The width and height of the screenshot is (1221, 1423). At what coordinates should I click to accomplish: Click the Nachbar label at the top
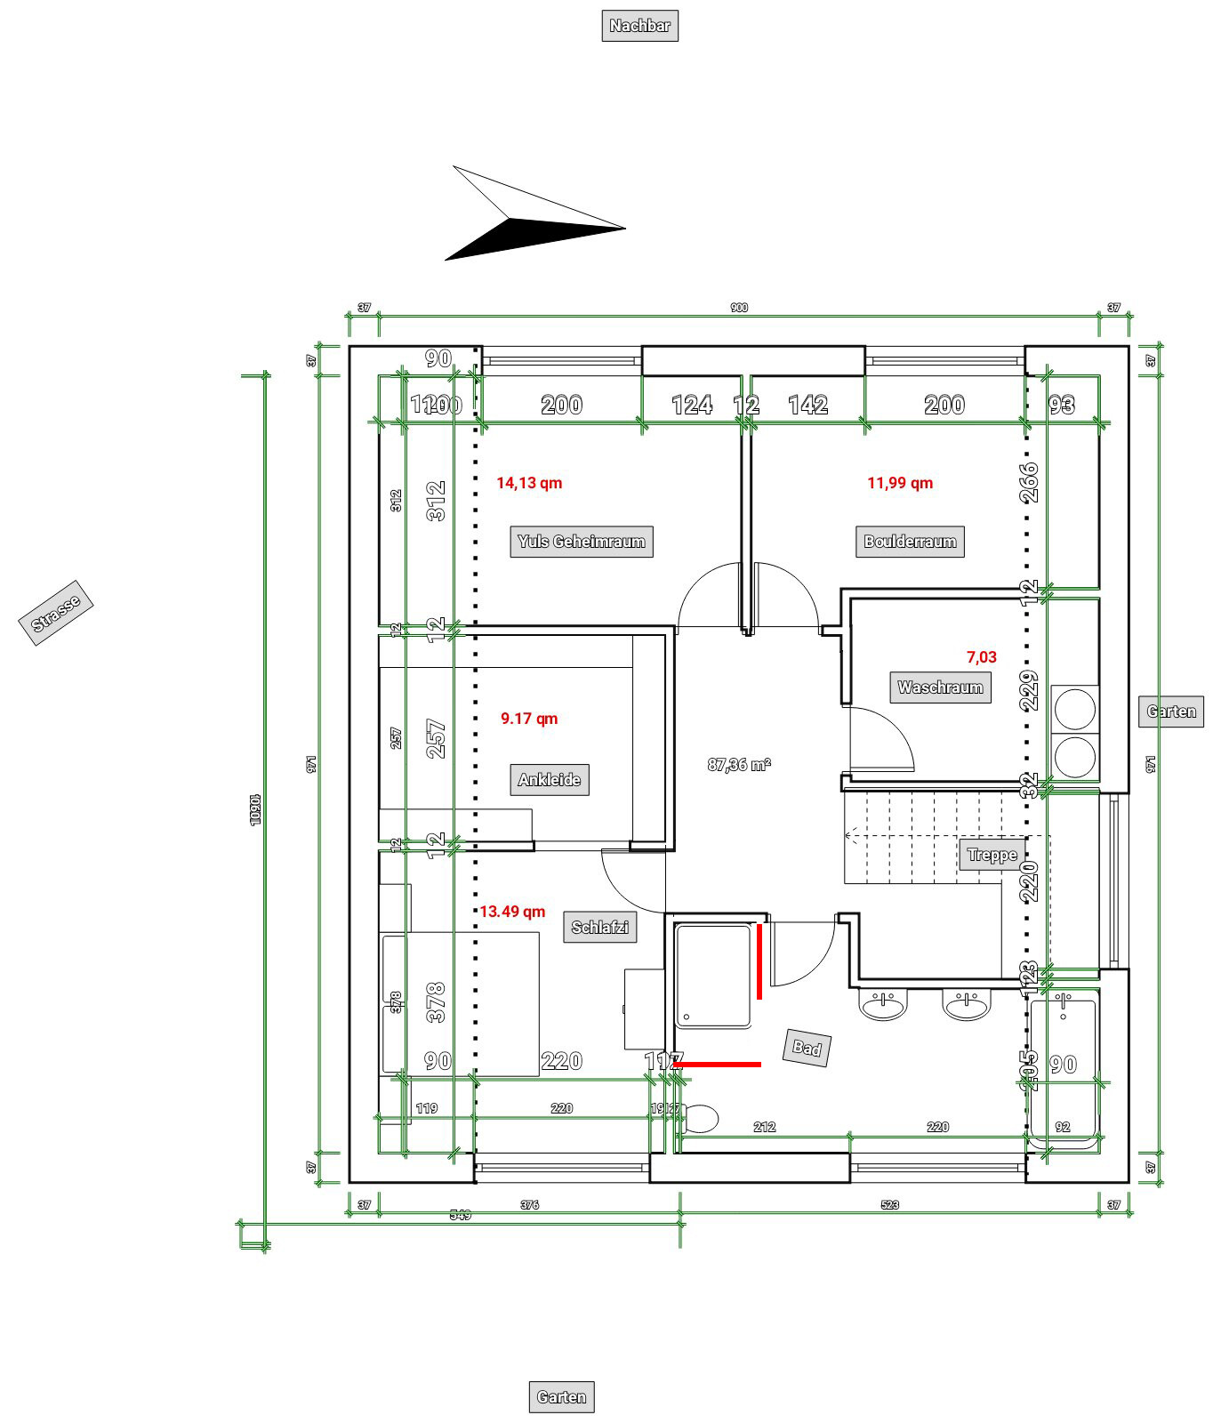coord(639,26)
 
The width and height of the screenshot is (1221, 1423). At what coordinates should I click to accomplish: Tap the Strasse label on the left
coord(56,612)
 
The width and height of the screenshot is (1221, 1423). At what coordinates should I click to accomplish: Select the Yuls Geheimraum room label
coord(582,541)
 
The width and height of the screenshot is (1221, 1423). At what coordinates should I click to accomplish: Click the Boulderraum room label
coord(910,541)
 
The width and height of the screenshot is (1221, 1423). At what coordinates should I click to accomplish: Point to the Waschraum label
coord(940,687)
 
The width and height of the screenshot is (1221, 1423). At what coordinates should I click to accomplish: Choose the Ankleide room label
coord(550,780)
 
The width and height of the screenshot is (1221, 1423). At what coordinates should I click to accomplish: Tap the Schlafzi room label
coord(599,928)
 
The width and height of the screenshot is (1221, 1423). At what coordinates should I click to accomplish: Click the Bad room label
coord(807,1048)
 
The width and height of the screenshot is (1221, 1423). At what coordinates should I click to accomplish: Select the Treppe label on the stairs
coord(992,856)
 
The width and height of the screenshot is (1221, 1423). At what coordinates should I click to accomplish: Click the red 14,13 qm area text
coord(529,483)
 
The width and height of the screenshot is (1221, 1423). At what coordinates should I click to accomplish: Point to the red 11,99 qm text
coord(900,483)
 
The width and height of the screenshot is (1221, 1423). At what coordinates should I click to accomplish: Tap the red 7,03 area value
coord(982,657)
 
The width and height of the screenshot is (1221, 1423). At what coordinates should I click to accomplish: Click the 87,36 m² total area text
coord(739,764)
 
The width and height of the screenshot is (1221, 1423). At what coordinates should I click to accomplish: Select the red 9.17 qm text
coord(529,719)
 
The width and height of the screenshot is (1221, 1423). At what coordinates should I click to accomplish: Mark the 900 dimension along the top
coord(739,308)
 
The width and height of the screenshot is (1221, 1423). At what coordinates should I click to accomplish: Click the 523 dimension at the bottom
coord(889,1205)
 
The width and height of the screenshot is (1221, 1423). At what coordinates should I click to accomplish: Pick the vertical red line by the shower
coord(759,961)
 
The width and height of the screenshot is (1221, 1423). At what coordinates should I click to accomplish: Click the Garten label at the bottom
coord(561,1397)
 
